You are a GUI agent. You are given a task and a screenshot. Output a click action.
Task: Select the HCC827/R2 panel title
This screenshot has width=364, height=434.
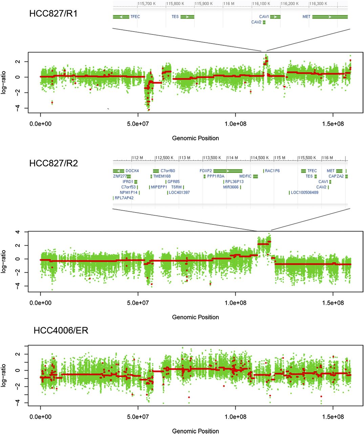(53, 163)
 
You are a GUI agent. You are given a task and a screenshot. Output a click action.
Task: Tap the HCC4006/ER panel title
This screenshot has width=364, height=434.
(61, 330)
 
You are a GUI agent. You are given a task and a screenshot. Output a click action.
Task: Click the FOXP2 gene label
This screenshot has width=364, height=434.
(206, 171)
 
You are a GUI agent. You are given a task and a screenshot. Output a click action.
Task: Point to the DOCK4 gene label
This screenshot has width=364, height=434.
(132, 171)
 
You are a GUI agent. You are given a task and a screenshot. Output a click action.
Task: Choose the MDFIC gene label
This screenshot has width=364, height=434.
(245, 176)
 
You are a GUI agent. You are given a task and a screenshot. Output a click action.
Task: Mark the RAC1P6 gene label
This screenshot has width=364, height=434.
(272, 171)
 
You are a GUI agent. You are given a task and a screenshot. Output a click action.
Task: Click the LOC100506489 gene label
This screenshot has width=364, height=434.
(305, 193)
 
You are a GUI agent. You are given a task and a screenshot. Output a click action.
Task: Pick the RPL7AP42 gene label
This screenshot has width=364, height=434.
(124, 198)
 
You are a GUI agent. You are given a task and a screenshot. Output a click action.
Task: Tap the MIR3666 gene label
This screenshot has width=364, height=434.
(231, 187)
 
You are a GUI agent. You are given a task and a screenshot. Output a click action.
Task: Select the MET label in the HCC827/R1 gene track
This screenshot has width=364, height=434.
(306, 17)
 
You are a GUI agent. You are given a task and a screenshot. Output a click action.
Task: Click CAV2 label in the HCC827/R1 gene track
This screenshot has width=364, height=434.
(256, 22)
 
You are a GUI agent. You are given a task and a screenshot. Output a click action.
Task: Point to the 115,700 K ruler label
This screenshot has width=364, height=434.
(147, 4)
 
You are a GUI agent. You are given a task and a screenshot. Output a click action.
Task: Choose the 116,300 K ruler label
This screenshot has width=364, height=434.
(318, 4)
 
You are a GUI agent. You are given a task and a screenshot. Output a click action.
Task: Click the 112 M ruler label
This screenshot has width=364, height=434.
(137, 158)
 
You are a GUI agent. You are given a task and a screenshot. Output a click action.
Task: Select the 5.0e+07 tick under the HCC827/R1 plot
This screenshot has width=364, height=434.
(138, 124)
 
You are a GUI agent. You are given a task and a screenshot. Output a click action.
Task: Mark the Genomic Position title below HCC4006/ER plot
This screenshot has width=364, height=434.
(195, 431)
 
